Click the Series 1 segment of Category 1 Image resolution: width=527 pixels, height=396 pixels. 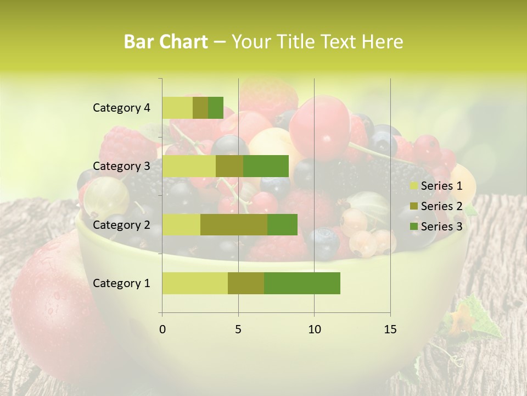[195, 283]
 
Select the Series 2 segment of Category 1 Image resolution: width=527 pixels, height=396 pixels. [246, 283]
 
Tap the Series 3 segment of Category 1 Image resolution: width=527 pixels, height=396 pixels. [302, 283]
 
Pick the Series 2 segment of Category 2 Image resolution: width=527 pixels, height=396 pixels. [234, 224]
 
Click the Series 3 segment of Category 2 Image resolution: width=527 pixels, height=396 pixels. [282, 224]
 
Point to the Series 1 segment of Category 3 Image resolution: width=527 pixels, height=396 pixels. [189, 166]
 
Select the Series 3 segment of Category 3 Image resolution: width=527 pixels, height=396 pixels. [266, 166]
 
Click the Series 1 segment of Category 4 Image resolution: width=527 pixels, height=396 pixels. [177, 108]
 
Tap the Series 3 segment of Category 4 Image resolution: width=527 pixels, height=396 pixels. [216, 108]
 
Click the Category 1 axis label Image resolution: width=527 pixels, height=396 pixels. [121, 283]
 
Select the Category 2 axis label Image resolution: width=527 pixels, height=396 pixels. [121, 224]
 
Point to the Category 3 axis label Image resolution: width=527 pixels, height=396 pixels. [121, 166]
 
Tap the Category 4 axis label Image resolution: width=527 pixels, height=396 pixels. [121, 108]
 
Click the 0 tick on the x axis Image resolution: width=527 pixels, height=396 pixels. [162, 329]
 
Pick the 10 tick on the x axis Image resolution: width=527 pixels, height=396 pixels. [314, 329]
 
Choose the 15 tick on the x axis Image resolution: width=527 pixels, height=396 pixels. [390, 329]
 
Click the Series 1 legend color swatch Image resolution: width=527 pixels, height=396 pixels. [413, 186]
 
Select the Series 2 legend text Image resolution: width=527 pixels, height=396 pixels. [441, 206]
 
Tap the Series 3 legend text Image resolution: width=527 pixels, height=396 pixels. [441, 227]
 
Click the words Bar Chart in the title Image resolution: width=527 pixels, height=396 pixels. [166, 42]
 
